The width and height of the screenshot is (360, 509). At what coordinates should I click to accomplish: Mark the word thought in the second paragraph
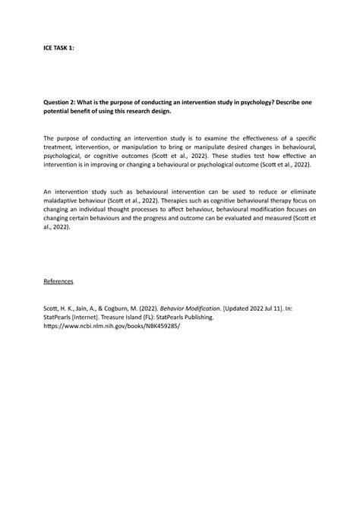tap(130, 207)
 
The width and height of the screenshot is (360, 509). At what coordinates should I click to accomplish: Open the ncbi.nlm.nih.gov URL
tap(113, 330)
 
